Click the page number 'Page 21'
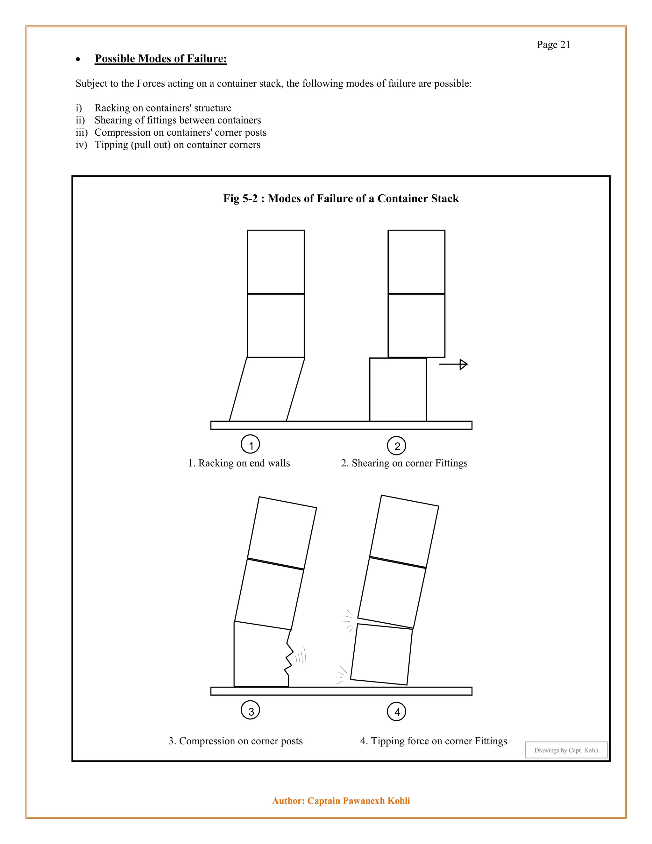click(553, 45)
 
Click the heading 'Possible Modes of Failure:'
click(161, 59)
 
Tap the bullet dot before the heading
click(78, 60)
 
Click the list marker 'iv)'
click(81, 145)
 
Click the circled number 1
click(250, 445)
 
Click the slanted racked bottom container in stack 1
click(266, 390)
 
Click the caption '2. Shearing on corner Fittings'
click(404, 463)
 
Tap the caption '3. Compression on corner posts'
click(235, 741)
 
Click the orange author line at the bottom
click(341, 800)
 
